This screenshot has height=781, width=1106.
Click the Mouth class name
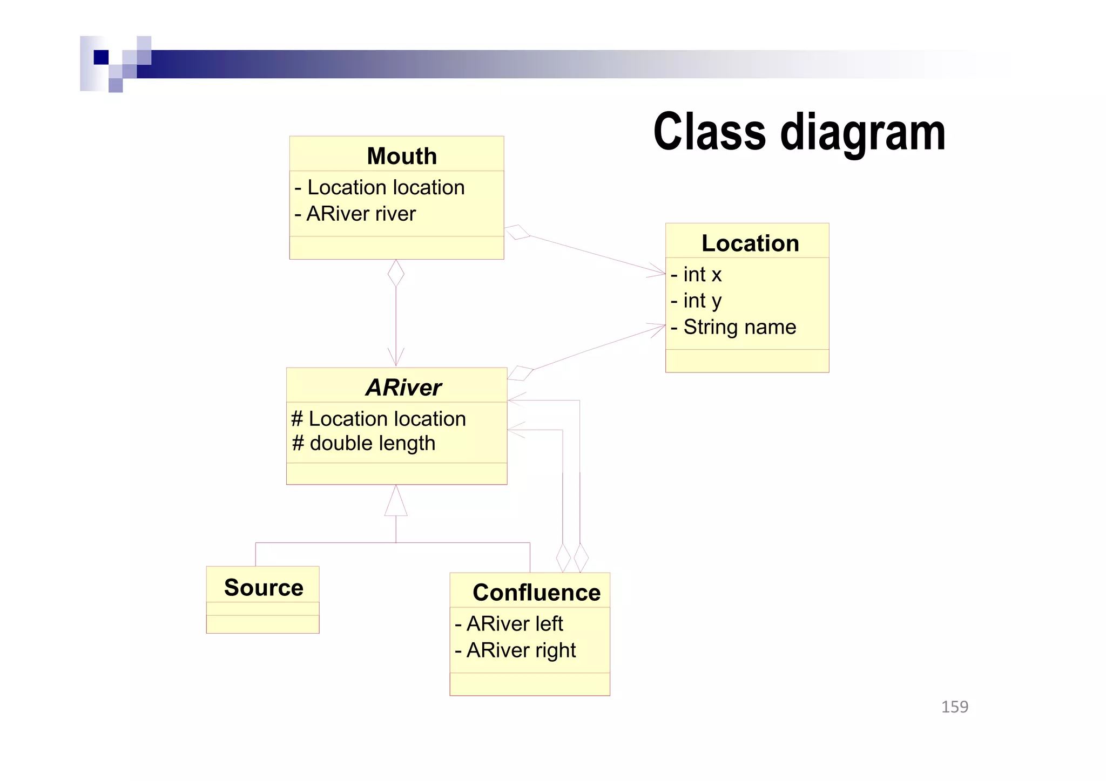pyautogui.click(x=401, y=156)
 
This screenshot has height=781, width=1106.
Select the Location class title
pyautogui.click(x=750, y=243)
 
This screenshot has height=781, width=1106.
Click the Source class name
pyautogui.click(x=264, y=587)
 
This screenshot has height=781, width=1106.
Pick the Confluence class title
pyautogui.click(x=536, y=592)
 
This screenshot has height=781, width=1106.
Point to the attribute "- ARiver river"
pyautogui.click(x=355, y=214)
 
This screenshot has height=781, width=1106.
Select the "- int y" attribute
pyautogui.click(x=696, y=301)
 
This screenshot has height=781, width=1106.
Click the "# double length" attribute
pyautogui.click(x=363, y=443)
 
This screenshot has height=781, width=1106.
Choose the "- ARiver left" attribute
pyautogui.click(x=509, y=623)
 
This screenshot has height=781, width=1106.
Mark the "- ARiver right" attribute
pyautogui.click(x=515, y=650)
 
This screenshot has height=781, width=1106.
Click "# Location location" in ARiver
pyautogui.click(x=378, y=418)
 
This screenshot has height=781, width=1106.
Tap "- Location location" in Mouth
pyautogui.click(x=379, y=187)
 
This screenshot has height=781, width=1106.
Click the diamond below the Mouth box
pyautogui.click(x=396, y=273)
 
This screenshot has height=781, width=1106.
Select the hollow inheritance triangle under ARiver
pyautogui.click(x=396, y=501)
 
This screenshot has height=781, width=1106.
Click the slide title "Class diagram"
pyautogui.click(x=799, y=132)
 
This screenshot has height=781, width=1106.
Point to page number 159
pyautogui.click(x=954, y=707)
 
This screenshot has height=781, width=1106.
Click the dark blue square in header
pyautogui.click(x=101, y=57)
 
